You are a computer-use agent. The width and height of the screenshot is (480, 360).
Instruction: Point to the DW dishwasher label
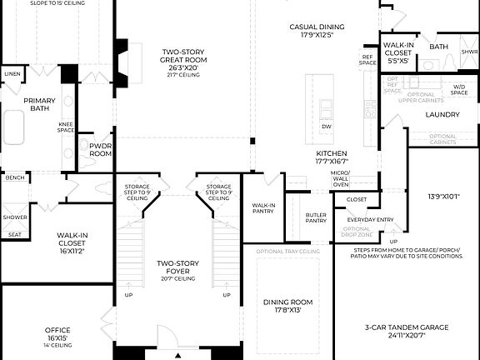327,127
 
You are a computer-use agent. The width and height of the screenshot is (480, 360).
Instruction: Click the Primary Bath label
39,104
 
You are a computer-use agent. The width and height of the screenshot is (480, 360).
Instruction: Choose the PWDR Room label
100,149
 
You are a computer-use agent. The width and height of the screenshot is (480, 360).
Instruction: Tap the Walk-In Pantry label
263,207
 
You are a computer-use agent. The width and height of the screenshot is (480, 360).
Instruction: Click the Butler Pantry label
316,217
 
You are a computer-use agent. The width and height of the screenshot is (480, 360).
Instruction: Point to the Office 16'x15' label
57,334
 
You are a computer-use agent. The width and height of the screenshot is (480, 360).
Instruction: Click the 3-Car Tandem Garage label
407,332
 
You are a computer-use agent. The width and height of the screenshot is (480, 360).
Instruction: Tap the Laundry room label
442,114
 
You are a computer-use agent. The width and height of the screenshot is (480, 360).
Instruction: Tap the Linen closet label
12,74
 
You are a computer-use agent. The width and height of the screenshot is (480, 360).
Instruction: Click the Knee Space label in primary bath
66,127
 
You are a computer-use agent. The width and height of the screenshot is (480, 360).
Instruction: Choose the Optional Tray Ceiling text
288,251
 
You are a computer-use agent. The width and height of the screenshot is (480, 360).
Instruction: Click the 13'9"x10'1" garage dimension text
443,197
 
